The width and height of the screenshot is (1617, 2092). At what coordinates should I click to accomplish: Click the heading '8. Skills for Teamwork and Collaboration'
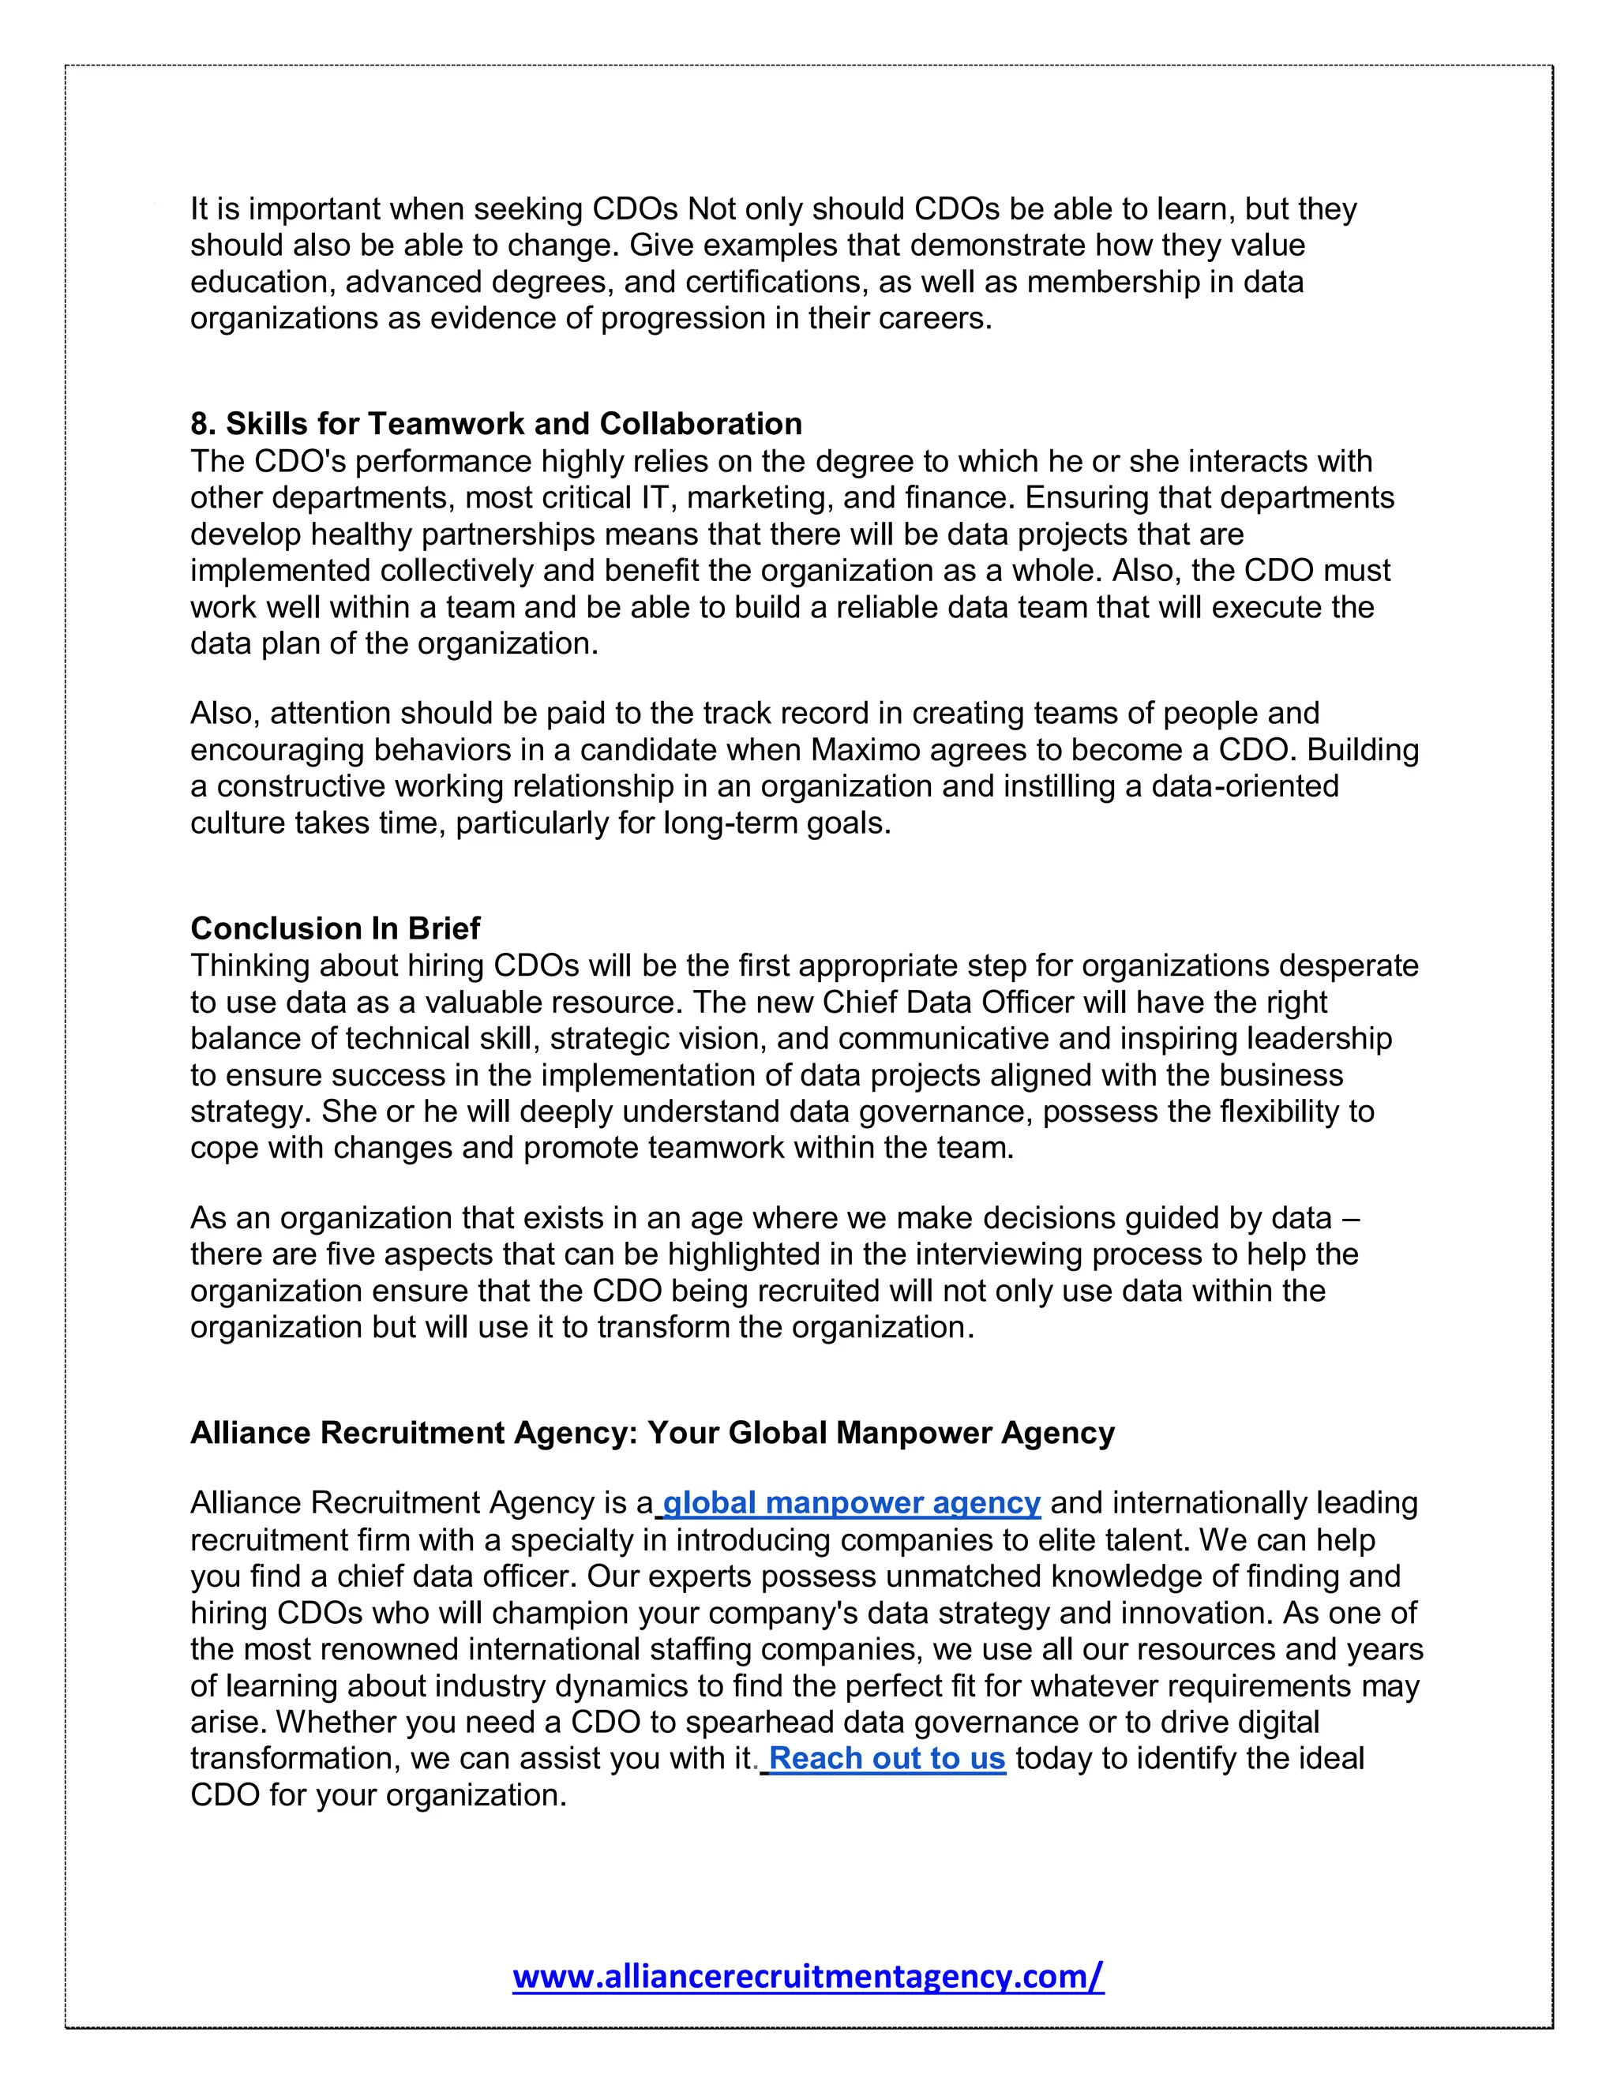[x=495, y=423]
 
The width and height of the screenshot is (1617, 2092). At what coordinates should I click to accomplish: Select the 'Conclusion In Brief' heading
[x=336, y=928]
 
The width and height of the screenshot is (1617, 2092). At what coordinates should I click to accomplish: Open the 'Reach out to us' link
[x=887, y=1759]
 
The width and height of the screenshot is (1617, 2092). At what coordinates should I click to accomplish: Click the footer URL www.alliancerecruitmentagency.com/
[x=808, y=1976]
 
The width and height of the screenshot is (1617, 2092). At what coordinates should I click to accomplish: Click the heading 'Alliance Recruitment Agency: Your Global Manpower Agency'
[x=652, y=1433]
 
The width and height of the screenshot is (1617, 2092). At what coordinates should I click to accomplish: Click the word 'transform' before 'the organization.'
[x=661, y=1328]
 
